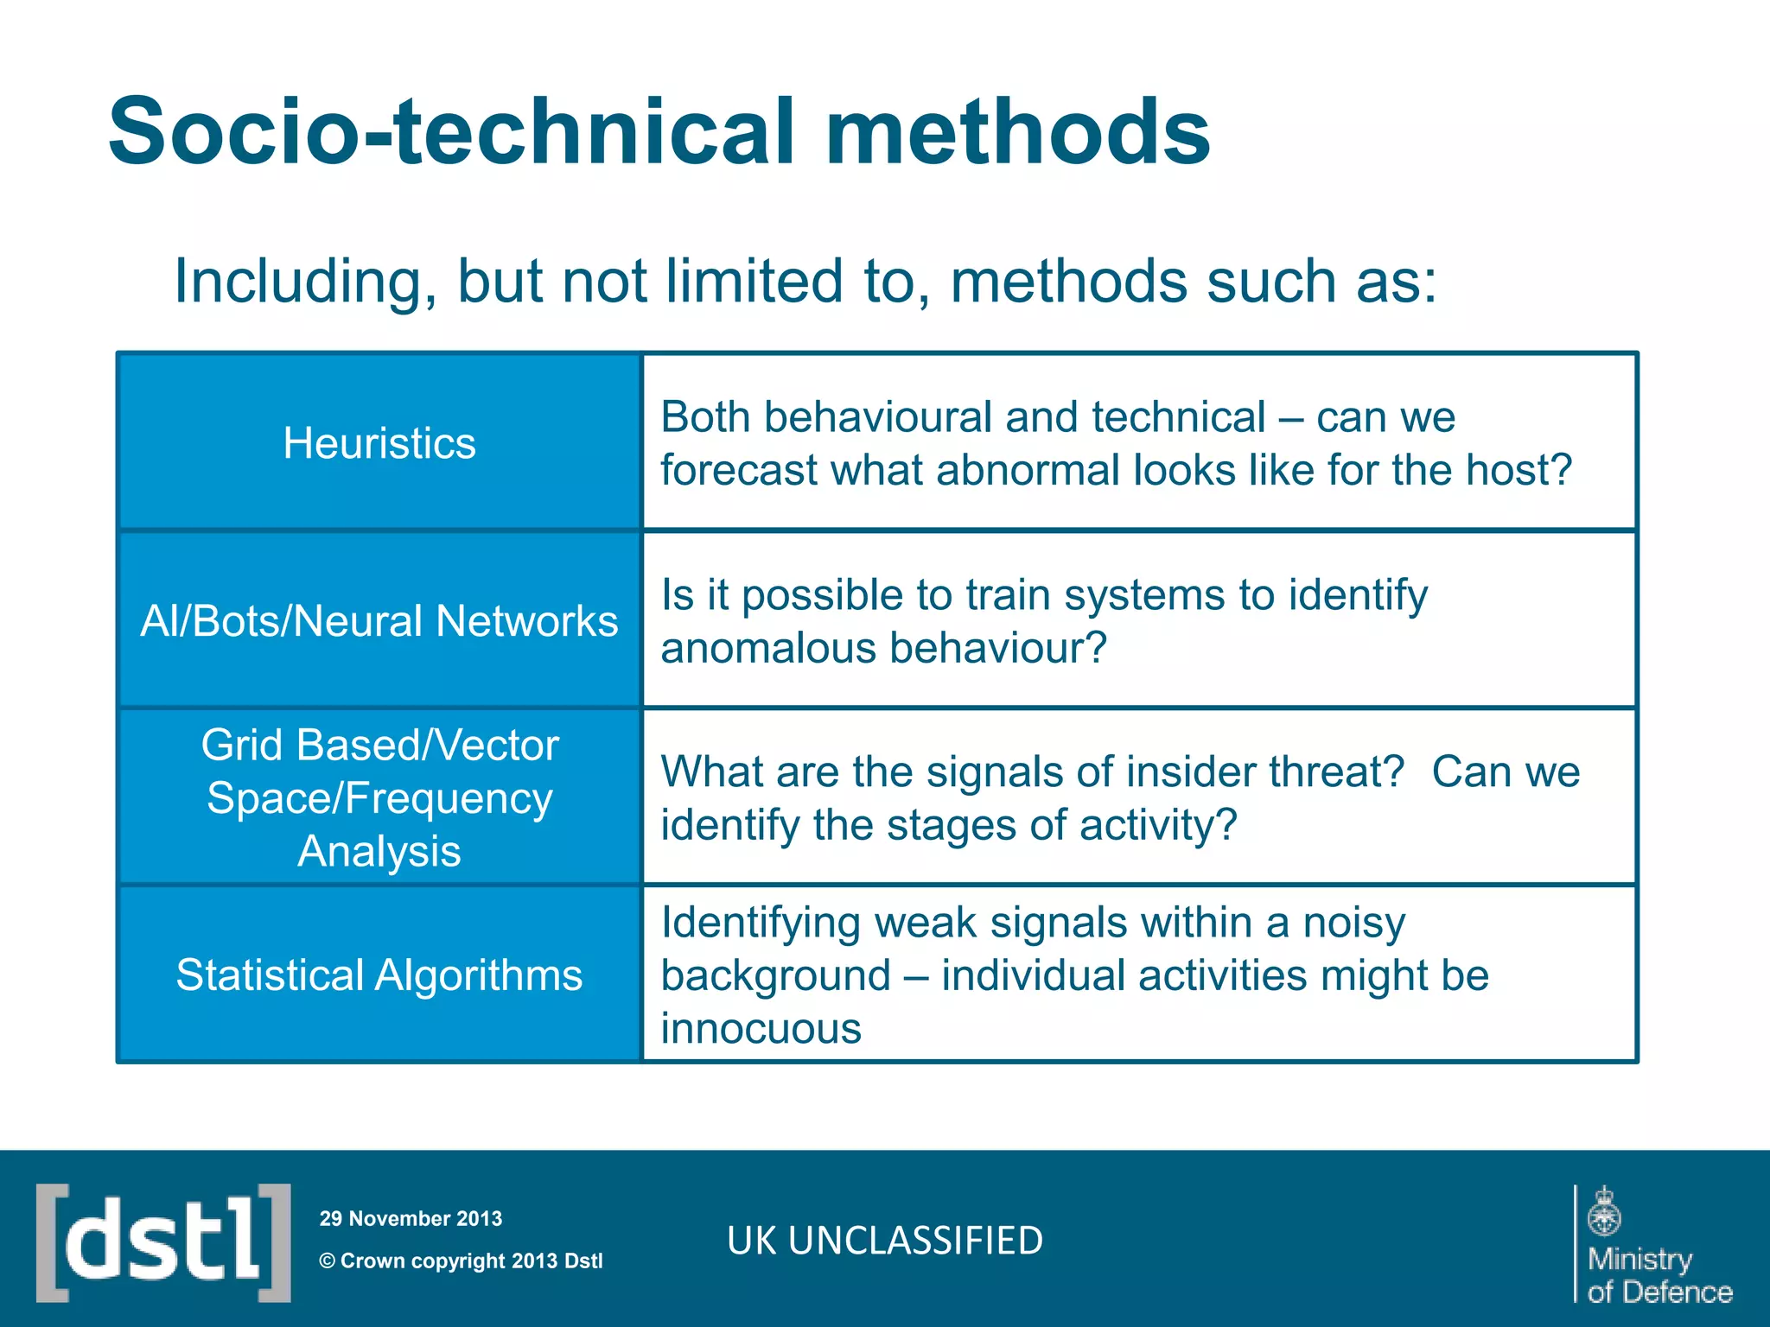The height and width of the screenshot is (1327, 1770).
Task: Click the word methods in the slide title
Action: pyautogui.click(x=1017, y=131)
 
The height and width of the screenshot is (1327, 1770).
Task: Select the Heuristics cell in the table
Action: pyautogui.click(x=379, y=443)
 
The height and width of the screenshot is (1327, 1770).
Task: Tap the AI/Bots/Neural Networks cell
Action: pyautogui.click(x=379, y=621)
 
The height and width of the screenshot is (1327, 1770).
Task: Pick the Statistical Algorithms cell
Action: pyautogui.click(x=379, y=975)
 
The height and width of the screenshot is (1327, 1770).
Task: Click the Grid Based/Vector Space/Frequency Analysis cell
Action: pyautogui.click(x=379, y=797)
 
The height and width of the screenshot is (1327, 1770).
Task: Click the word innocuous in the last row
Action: pyautogui.click(x=761, y=1029)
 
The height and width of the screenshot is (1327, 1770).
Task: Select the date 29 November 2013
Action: pyautogui.click(x=411, y=1219)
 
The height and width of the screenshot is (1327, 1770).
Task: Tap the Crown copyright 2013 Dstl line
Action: pyautogui.click(x=462, y=1261)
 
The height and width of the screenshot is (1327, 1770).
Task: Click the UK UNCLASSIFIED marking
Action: pyautogui.click(x=885, y=1241)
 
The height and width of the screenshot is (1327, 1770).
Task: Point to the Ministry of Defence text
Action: pyautogui.click(x=1659, y=1275)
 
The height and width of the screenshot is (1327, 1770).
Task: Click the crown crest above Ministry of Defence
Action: pyautogui.click(x=1604, y=1211)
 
